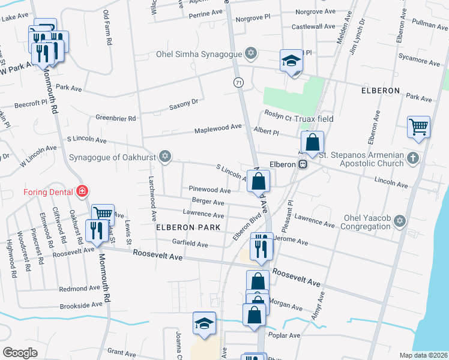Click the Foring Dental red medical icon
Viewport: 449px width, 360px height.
click(82, 192)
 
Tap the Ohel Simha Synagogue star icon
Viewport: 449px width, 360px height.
click(251, 54)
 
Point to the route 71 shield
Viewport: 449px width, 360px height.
click(238, 82)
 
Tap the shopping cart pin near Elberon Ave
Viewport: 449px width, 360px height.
click(418, 127)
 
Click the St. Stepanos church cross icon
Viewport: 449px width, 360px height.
click(412, 158)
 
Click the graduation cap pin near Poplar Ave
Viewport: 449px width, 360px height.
click(205, 324)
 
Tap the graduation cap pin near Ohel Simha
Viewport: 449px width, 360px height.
click(291, 61)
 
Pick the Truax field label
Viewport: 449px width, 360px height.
click(313, 119)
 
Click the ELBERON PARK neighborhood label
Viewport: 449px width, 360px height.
click(188, 227)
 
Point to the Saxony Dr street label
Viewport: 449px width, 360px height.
click(183, 104)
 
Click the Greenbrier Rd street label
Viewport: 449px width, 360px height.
click(116, 118)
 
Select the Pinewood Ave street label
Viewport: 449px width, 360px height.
click(209, 190)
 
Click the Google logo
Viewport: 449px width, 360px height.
click(20, 352)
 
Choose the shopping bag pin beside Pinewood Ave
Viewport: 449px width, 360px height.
click(258, 181)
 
